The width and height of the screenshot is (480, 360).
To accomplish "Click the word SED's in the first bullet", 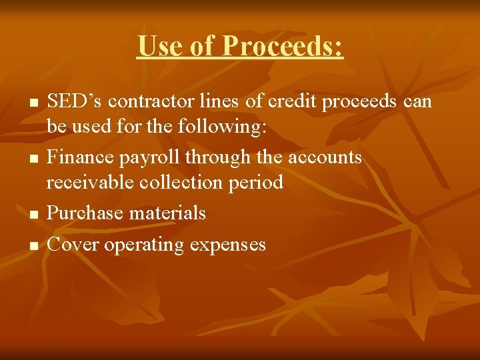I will coord(74,101).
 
